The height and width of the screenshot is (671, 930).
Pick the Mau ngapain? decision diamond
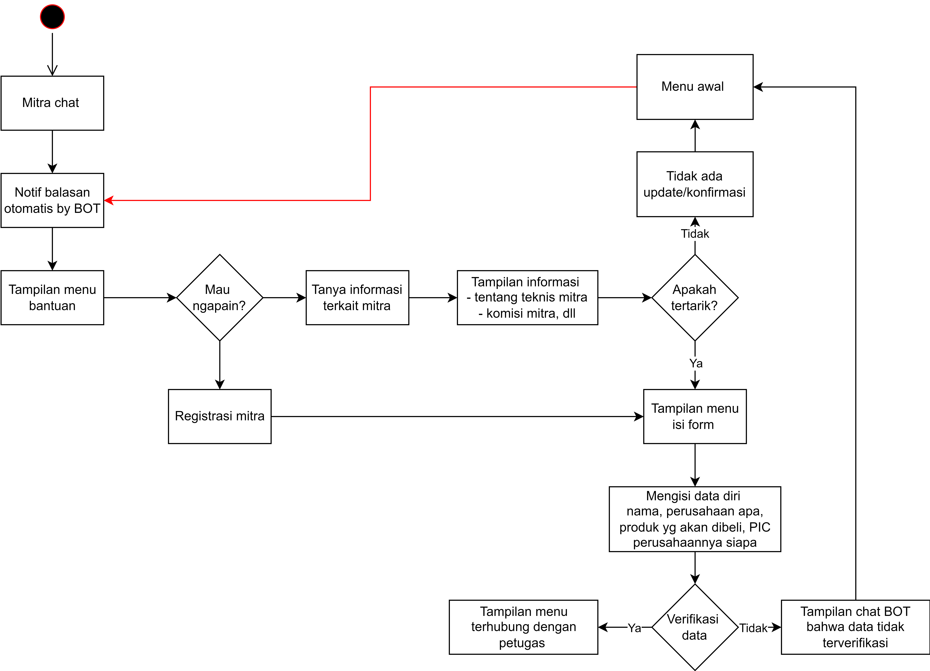click(x=220, y=297)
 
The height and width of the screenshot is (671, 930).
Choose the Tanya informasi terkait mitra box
click(x=357, y=297)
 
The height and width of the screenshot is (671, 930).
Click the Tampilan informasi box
click(x=527, y=297)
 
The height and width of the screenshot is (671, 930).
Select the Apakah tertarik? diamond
click(x=695, y=297)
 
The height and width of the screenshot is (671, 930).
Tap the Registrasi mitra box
click(x=220, y=416)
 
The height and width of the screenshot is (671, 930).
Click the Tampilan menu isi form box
click(x=695, y=416)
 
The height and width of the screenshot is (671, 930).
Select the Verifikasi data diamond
click(x=695, y=627)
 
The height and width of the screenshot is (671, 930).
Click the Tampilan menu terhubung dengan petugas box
click(x=524, y=627)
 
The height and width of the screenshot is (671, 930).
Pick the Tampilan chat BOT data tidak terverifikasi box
click(x=855, y=627)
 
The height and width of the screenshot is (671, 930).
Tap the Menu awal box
click(x=695, y=87)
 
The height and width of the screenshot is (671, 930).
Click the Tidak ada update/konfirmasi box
click(x=695, y=184)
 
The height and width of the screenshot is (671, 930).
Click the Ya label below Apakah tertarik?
click(x=696, y=363)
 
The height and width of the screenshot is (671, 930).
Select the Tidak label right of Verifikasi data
click(x=753, y=628)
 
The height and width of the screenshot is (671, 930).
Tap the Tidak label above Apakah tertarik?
click(x=695, y=234)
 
